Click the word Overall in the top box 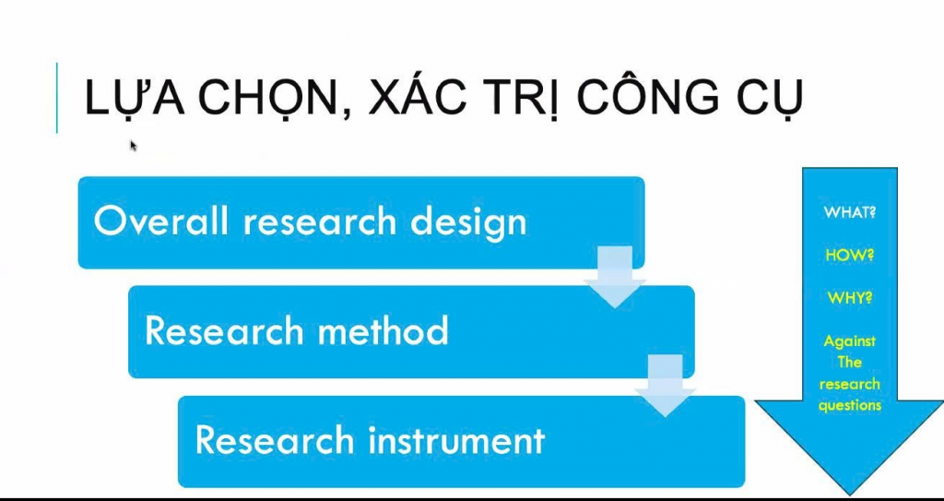[160, 221]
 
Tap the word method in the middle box [377, 329]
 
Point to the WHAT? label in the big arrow [849, 213]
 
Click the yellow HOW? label [849, 255]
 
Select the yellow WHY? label [849, 298]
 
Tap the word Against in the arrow [849, 341]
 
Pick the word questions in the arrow [849, 405]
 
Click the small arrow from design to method [615, 278]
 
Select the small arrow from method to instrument [666, 386]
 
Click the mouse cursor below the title [134, 146]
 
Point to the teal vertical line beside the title [57, 97]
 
